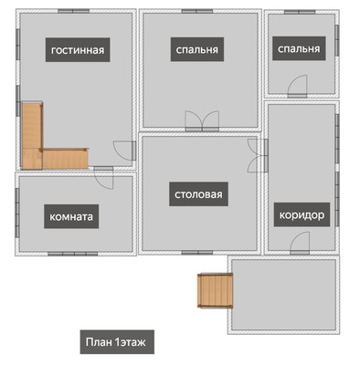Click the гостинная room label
78,50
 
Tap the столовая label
198,194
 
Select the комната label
71,216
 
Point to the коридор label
302,214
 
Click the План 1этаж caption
117,342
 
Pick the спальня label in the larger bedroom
197,49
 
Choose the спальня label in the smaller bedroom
299,48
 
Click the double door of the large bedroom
202,121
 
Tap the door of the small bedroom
298,87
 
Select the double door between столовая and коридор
258,156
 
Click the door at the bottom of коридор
300,244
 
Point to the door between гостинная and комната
103,178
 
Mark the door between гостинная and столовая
125,151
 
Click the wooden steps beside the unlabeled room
216,291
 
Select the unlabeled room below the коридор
283,295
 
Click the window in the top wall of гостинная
74,11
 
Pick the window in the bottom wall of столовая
197,253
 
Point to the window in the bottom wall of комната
73,254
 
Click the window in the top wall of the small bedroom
300,12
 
